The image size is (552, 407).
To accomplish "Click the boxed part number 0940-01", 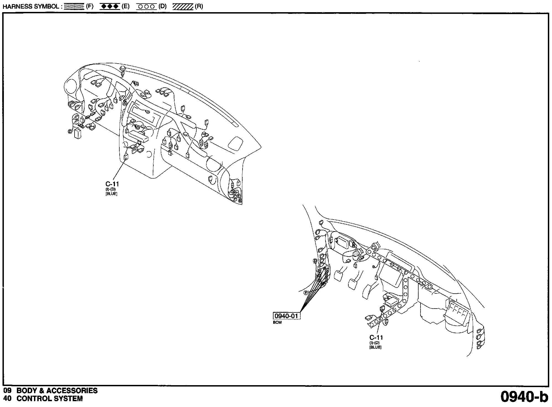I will pyautogui.click(x=286, y=316).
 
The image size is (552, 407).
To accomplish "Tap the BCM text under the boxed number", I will pyautogui.click(x=277, y=322).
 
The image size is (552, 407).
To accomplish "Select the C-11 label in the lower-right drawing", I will pyautogui.click(x=376, y=337).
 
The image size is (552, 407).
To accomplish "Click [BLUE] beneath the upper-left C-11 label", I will pyautogui.click(x=111, y=194).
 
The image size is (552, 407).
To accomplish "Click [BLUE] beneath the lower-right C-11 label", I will pyautogui.click(x=375, y=347).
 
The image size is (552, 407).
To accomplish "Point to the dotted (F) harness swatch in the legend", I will pyautogui.click(x=74, y=7).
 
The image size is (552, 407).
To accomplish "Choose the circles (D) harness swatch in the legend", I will pyautogui.click(x=146, y=7).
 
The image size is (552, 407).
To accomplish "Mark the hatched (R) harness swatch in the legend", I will pyautogui.click(x=183, y=7).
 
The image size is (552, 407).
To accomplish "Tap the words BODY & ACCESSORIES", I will pyautogui.click(x=57, y=391).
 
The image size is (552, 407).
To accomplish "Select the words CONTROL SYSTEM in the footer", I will pyautogui.click(x=49, y=399).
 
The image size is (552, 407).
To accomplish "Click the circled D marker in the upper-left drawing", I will pyautogui.click(x=70, y=131).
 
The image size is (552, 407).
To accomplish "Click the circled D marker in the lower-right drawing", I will pyautogui.click(x=315, y=261).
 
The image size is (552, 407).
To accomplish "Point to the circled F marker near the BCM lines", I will pyautogui.click(x=306, y=293).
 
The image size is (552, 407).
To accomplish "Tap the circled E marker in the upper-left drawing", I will pyautogui.click(x=238, y=196).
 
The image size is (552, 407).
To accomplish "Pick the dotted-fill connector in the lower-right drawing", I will pyautogui.click(x=357, y=253).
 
